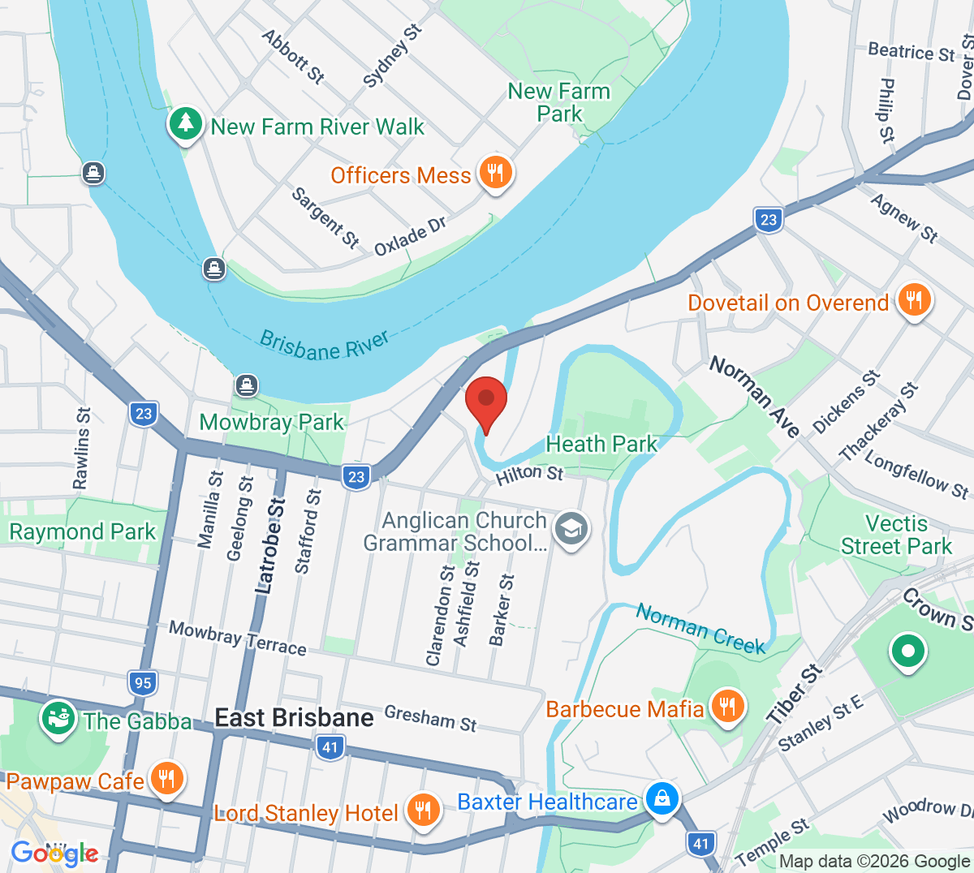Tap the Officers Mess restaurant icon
point(494,173)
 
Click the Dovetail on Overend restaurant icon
point(914,301)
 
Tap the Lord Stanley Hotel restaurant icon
point(422,811)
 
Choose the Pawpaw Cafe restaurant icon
point(166,780)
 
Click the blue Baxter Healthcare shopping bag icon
point(662,799)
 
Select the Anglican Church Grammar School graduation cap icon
point(571,529)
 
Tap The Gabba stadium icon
point(58,719)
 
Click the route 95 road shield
point(143,682)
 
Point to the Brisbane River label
point(324,345)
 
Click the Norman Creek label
point(700,629)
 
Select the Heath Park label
point(601,444)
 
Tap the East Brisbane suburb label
point(294,718)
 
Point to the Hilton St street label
point(529,473)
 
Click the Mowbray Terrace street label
point(237,637)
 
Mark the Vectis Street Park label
point(896,535)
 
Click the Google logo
point(54,853)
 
